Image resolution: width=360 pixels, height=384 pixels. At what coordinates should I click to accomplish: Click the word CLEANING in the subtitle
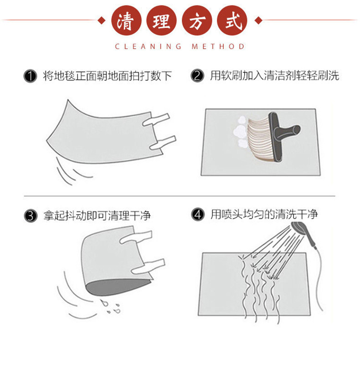148,46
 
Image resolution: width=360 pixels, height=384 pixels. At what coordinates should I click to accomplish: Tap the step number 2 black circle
197,76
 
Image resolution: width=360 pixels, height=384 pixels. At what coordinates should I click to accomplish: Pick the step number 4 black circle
197,215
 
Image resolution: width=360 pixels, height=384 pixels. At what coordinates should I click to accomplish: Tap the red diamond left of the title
102,20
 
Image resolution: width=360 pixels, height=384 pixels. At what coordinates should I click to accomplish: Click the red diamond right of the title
258,20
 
